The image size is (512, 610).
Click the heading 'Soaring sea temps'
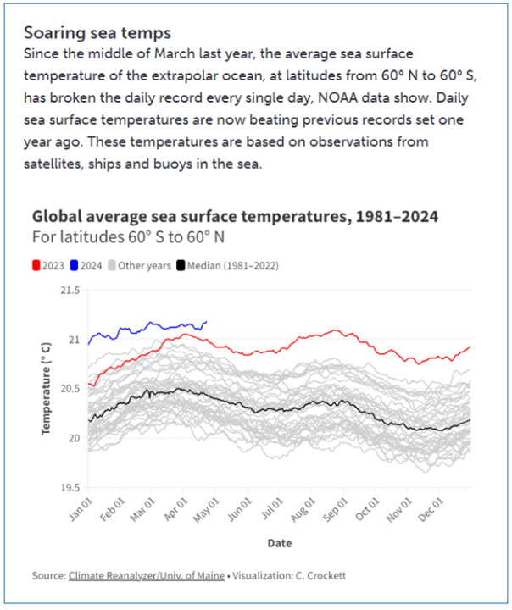pos(97,33)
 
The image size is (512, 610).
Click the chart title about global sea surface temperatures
pos(235,216)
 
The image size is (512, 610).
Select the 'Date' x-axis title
pos(279,543)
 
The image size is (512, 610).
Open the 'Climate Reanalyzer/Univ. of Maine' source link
pos(146,576)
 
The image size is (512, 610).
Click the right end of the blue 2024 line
pos(207,321)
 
